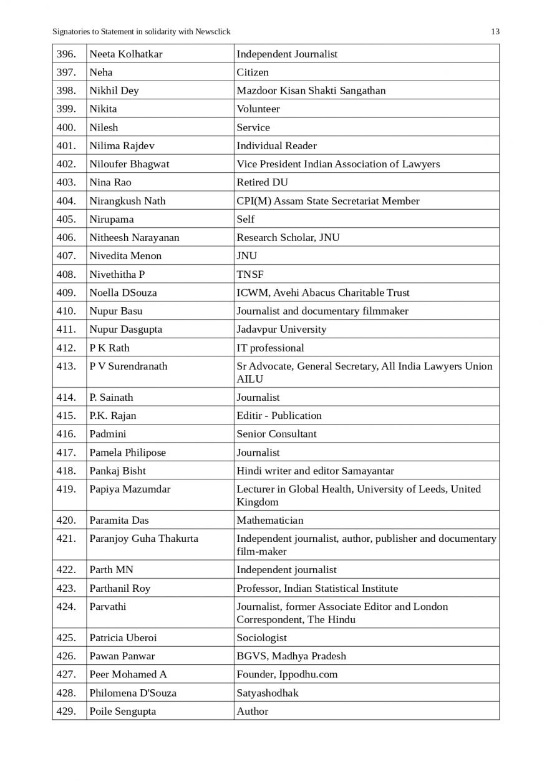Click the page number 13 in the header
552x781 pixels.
pyautogui.click(x=495, y=32)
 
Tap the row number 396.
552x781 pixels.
pyautogui.click(x=66, y=54)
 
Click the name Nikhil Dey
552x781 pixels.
pyautogui.click(x=114, y=91)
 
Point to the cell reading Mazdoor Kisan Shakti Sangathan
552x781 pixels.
pyautogui.click(x=311, y=91)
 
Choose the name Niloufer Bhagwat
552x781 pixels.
pyautogui.click(x=129, y=164)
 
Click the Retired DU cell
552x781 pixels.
pyautogui.click(x=262, y=182)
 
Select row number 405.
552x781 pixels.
pyautogui.click(x=66, y=219)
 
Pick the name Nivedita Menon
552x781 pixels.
pyautogui.click(x=125, y=256)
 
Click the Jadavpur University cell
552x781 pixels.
pyautogui.click(x=281, y=329)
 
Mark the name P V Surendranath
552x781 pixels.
pyautogui.click(x=128, y=366)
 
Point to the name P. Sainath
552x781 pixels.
pyautogui.click(x=111, y=397)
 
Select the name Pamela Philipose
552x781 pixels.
pyautogui.click(x=127, y=453)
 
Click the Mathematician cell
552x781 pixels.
pyautogui.click(x=270, y=520)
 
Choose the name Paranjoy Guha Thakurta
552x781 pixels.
pyautogui.click(x=143, y=539)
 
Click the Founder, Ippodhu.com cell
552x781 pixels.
pyautogui.click(x=287, y=674)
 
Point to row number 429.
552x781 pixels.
pyautogui.click(x=66, y=711)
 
